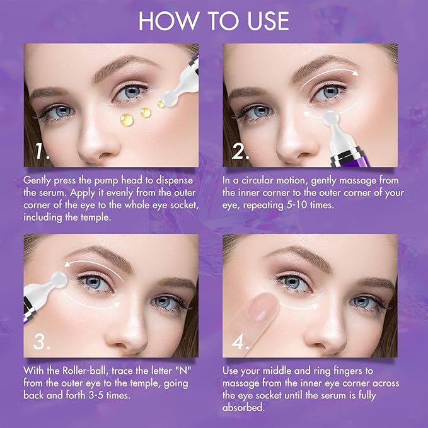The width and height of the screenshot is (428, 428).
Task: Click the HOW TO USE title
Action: point(214,21)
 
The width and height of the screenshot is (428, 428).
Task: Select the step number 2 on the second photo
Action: point(241,151)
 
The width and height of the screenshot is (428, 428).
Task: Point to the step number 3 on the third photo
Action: point(41,342)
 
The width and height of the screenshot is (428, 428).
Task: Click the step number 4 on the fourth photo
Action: point(241,342)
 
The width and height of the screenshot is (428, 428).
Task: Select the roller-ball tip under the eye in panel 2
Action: point(328,117)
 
